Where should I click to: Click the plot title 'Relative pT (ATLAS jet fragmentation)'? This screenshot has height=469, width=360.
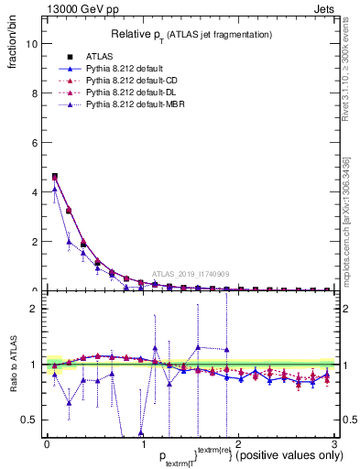tap(191, 34)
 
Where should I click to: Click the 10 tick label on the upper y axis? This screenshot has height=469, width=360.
tap(30, 44)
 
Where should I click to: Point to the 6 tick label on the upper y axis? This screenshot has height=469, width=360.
tap(33, 143)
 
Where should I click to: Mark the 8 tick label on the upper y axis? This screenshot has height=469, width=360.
tap(33, 93)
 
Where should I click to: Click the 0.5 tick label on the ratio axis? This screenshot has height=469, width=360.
tap(28, 420)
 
